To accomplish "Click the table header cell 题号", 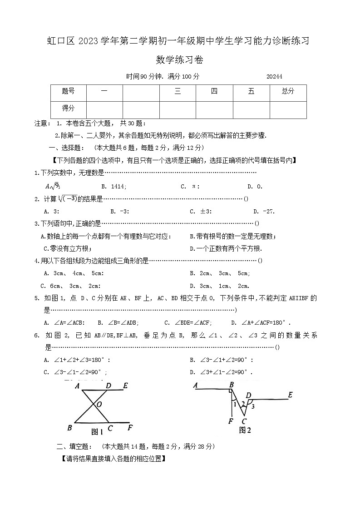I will (68, 91).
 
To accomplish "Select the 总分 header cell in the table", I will (288, 91).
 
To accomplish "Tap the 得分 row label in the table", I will (68, 109).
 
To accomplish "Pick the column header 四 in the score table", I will (214, 91).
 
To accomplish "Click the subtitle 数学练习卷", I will (180, 59).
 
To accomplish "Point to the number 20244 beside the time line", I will (274, 77).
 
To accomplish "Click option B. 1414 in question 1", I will (114, 186).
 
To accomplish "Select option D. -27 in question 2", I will (264, 211).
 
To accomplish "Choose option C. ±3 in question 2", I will (200, 211).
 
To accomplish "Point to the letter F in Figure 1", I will (130, 427).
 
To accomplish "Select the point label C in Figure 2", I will (244, 420).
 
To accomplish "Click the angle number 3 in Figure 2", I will (253, 406).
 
